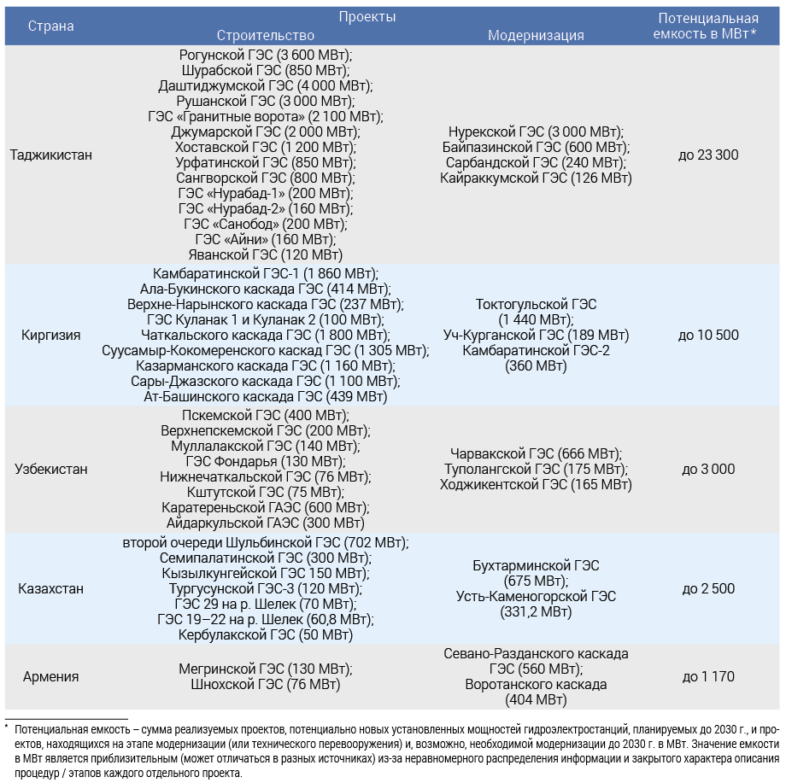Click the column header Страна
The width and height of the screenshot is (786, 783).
(51, 26)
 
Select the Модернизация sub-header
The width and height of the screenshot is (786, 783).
(536, 35)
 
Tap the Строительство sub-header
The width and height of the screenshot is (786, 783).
(266, 35)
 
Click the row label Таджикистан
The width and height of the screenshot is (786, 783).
(51, 155)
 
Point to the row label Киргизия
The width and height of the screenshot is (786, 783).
(51, 335)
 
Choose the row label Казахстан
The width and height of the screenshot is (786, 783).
(51, 589)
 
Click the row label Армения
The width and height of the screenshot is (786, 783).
(51, 677)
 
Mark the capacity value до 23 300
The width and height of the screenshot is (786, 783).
(708, 155)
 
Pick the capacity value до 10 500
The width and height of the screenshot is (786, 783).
(708, 335)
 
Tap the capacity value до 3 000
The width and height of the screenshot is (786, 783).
(708, 469)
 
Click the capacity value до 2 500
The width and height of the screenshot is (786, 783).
(708, 589)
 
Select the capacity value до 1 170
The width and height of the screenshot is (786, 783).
(708, 677)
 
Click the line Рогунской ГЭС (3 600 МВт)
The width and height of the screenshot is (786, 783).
(266, 55)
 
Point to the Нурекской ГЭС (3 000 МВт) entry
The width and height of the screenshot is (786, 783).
(536, 132)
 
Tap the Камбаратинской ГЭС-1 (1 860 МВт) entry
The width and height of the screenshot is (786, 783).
(266, 273)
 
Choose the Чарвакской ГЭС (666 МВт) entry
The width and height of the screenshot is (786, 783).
(536, 453)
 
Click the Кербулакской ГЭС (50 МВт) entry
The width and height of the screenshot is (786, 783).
(266, 635)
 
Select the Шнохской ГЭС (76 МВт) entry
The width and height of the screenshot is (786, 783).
(266, 685)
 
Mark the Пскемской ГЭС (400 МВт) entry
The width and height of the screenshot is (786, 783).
(266, 415)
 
